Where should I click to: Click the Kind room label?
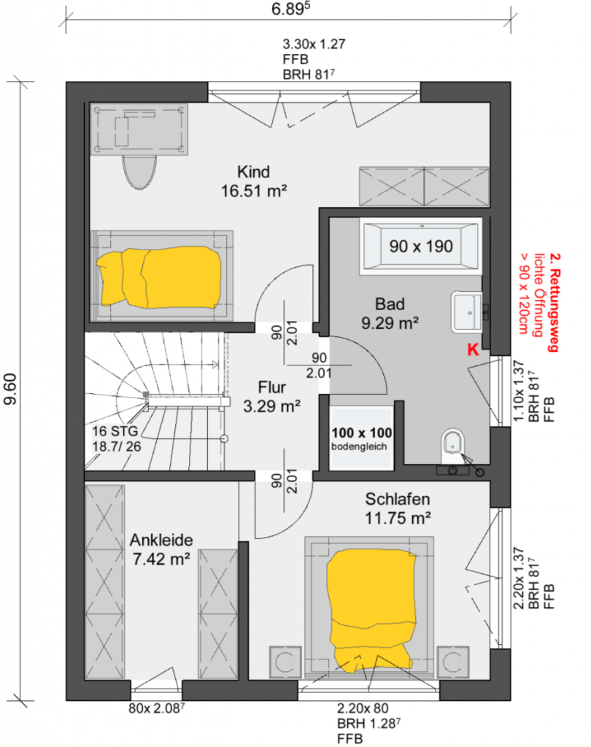[253, 171]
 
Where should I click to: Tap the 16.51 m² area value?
[254, 191]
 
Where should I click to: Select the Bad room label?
[390, 304]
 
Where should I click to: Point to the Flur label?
[271, 387]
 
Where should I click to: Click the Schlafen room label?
[398, 499]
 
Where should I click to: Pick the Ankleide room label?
[161, 540]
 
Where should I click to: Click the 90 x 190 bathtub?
[421, 246]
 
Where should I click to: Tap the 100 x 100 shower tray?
[361, 438]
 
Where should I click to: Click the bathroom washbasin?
[467, 312]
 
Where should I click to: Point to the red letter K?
[473, 349]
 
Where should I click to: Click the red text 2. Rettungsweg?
[554, 303]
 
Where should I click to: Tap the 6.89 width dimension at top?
[290, 9]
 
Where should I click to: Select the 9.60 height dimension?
[10, 390]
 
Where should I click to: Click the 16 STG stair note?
[115, 431]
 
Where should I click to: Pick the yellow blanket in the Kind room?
[160, 276]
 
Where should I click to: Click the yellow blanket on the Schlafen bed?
[370, 611]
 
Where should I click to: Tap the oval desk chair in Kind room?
[139, 172]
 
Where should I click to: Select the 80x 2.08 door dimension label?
[156, 708]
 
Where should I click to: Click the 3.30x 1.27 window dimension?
[314, 44]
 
